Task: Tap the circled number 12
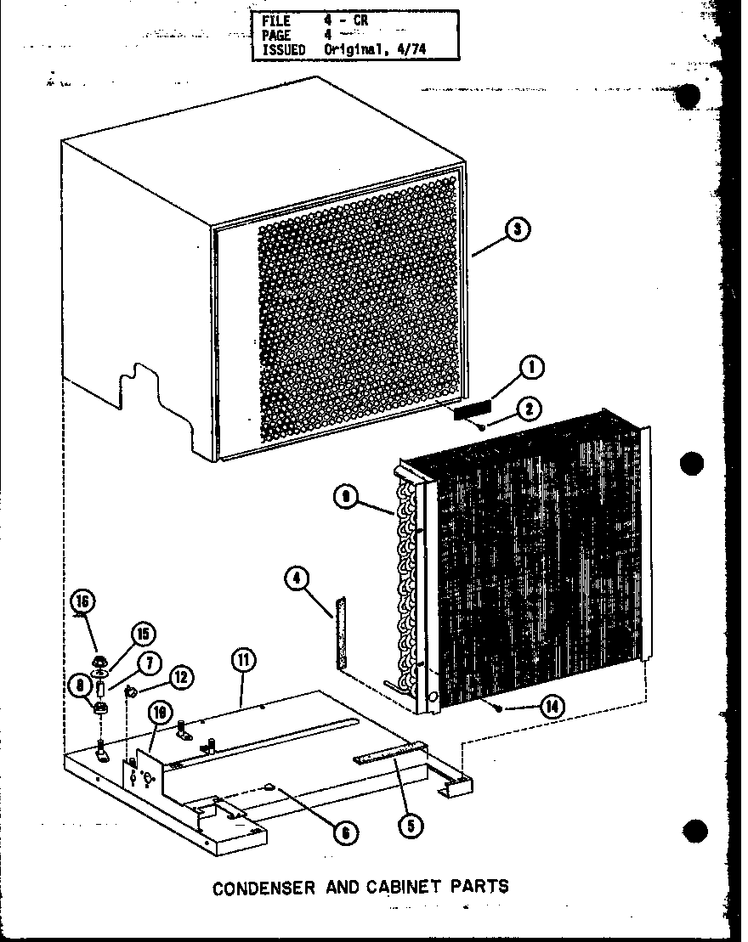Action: [179, 677]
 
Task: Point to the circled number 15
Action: [143, 634]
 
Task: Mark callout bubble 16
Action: [82, 602]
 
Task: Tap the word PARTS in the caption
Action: [483, 886]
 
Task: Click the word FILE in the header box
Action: [275, 20]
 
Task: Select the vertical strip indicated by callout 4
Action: [341, 633]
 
